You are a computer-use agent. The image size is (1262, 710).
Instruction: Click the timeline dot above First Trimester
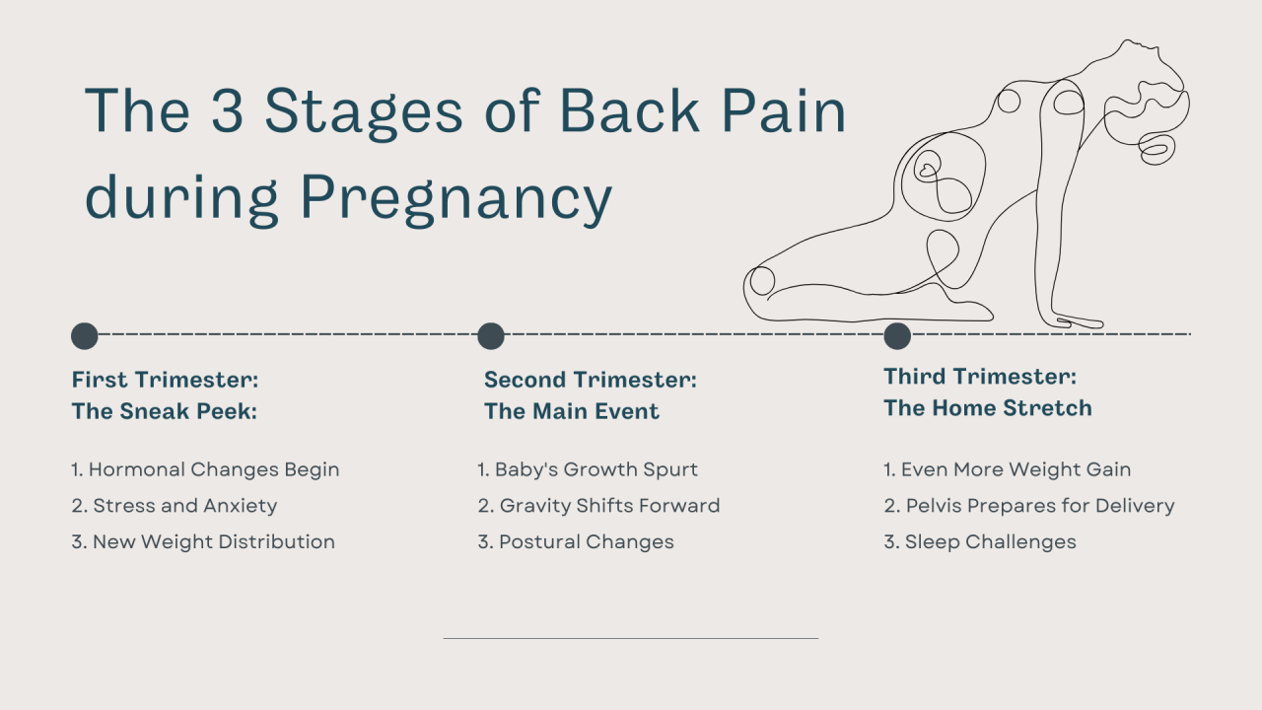[x=85, y=336]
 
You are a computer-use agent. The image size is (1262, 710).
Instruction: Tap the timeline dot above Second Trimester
[x=491, y=336]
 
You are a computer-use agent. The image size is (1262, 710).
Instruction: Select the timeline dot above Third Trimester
[x=897, y=336]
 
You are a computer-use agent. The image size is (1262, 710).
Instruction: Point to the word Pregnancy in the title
[x=456, y=196]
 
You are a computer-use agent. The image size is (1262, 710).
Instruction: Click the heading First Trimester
[x=165, y=380]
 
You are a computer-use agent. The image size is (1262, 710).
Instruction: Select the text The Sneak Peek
[x=164, y=411]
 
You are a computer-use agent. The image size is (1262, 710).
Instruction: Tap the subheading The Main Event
[x=571, y=411]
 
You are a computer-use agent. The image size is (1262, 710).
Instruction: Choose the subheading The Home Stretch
[x=987, y=407]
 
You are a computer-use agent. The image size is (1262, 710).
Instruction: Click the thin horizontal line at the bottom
[x=631, y=638]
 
